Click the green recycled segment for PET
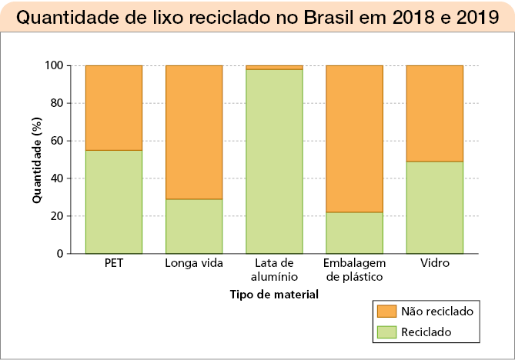113,202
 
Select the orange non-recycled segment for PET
113,108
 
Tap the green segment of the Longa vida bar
194,226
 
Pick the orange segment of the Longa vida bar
194,132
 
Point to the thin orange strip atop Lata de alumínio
274,68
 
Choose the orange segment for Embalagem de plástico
355,138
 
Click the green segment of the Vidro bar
434,207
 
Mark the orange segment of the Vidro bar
434,113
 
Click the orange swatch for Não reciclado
386,311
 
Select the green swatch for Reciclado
386,332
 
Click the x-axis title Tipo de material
274,294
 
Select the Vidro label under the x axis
434,263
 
